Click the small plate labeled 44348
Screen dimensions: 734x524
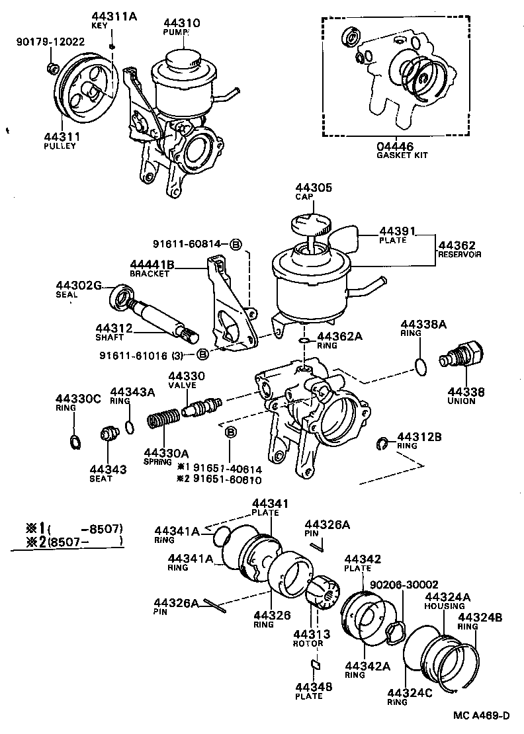pyautogui.click(x=316, y=665)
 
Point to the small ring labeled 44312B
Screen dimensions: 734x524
pyautogui.click(x=382, y=442)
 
